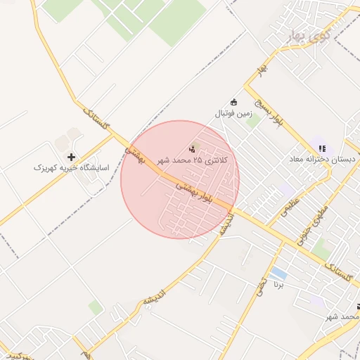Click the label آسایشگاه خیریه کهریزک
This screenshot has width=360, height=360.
(71, 168)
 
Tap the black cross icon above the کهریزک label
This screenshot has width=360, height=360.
(71, 156)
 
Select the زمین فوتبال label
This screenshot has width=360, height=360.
(232, 112)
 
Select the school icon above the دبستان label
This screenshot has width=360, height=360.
(322, 148)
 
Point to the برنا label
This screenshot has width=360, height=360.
(280, 288)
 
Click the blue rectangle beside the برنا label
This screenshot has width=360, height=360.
(278, 273)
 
